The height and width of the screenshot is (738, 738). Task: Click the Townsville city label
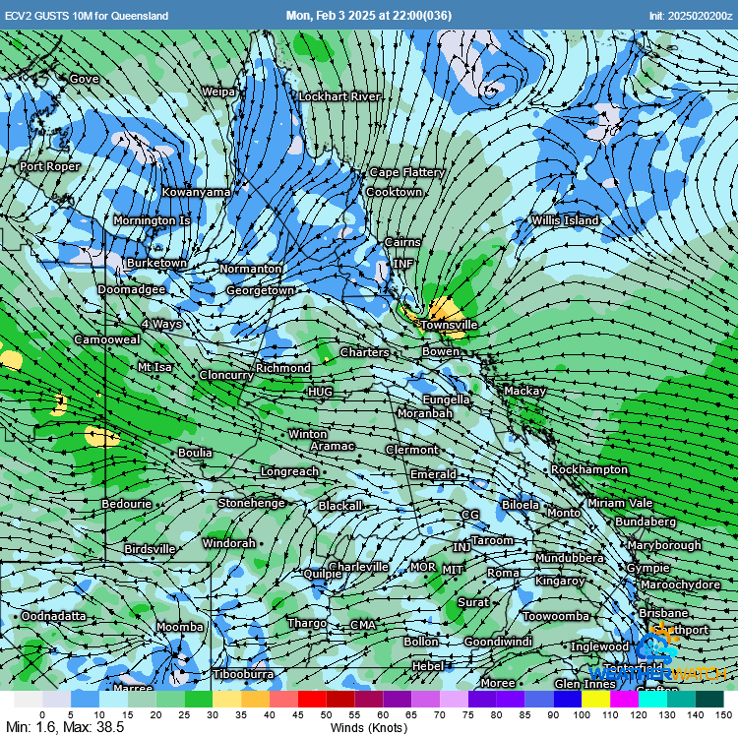point(449,324)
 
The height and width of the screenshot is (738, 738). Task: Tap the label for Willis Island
point(565,220)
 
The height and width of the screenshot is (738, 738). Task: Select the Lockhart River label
point(339,96)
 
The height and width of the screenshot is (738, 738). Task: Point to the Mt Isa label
point(154,367)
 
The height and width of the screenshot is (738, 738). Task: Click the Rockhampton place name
point(589,469)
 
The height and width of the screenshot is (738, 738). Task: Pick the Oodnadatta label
point(53,616)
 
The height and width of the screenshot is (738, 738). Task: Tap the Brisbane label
point(663,612)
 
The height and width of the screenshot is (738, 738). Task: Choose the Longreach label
point(289,471)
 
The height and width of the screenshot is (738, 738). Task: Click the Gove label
point(84,79)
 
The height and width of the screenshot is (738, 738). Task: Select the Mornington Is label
point(152,220)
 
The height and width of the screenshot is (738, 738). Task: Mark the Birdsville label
point(150,549)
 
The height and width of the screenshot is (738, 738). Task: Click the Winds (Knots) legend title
point(369,727)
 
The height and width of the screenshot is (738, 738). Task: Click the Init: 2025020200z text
point(690,16)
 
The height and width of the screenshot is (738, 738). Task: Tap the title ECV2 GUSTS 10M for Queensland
point(87,16)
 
